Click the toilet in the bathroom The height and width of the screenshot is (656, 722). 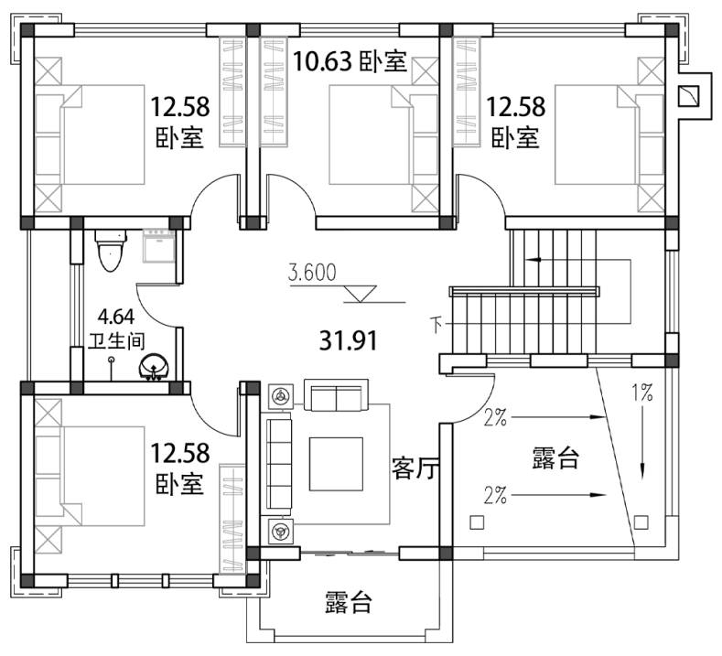(110, 251)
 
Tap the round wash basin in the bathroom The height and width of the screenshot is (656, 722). (155, 367)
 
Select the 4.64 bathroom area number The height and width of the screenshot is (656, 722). (116, 317)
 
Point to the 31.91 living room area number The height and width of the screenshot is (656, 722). (349, 341)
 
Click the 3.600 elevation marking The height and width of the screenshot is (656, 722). (312, 273)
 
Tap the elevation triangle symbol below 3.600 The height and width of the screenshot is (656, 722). (361, 294)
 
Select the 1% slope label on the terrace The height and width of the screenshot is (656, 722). (641, 393)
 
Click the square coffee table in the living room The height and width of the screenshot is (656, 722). (336, 464)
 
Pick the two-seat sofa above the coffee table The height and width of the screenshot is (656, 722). (336, 395)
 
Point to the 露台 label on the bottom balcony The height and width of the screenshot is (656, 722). (348, 602)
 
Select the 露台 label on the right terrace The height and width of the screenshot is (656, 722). (555, 458)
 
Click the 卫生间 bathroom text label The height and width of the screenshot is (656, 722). (116, 341)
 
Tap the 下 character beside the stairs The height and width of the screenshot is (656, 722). (437, 325)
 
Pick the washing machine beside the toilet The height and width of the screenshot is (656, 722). (159, 246)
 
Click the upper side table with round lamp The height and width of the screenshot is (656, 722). (281, 396)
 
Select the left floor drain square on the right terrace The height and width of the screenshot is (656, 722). (477, 522)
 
